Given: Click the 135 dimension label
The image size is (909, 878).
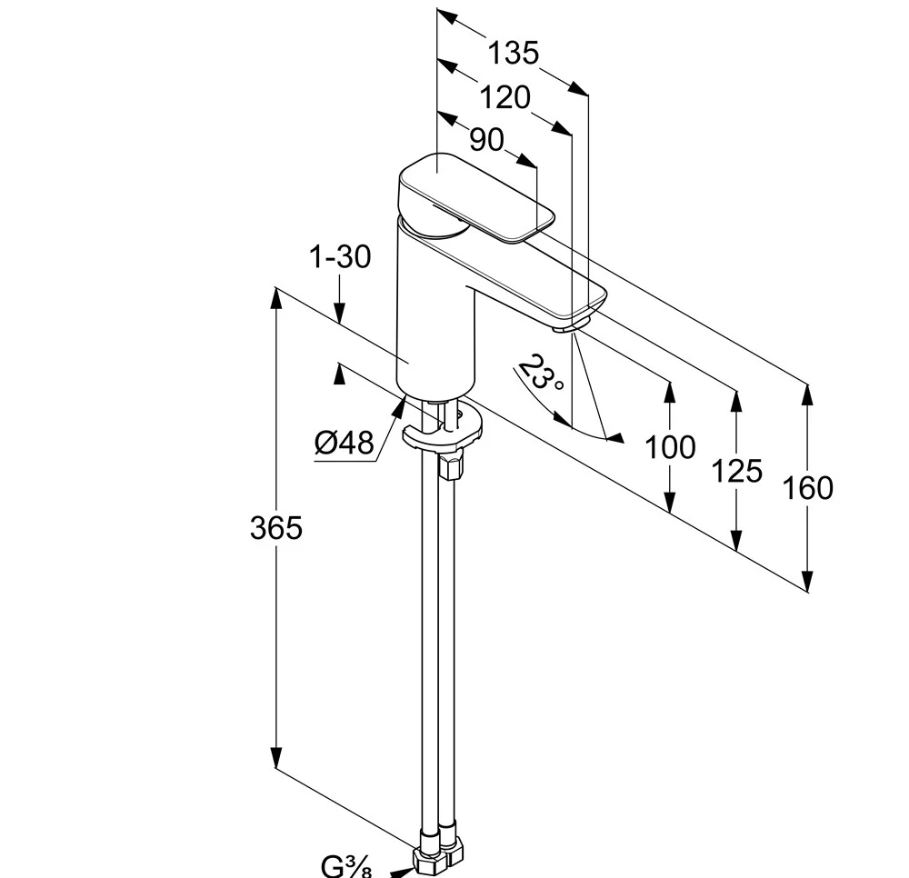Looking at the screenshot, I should tap(513, 53).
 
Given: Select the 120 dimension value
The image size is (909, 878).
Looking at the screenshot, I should tap(504, 97).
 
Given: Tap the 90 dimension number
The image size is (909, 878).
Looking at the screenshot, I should tap(486, 139).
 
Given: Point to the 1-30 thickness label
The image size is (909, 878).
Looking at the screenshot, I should tap(340, 257).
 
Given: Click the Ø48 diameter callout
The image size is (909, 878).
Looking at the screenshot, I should tap(345, 443).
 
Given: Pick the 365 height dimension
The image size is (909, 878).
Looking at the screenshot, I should tap(275, 527).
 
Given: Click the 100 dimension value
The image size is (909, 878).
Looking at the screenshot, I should tap(670, 447).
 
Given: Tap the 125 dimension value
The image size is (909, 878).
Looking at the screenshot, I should tap(736, 471).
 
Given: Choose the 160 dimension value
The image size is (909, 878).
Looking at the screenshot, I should tap(807, 488).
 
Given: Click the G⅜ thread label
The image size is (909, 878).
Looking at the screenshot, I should tap(346, 866).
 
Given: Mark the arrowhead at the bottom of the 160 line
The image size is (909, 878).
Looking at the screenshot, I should tap(807, 583).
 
